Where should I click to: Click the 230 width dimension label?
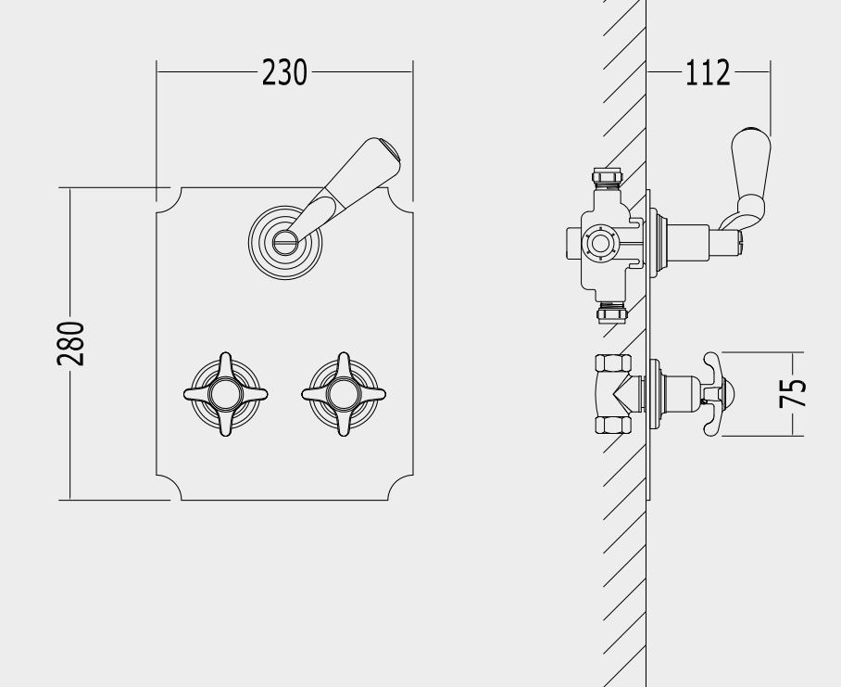(284, 72)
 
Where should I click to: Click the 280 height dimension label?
(70, 343)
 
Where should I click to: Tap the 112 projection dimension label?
(708, 72)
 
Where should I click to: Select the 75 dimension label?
(792, 393)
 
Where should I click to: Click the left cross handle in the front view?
(225, 394)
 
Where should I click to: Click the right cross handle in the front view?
(344, 394)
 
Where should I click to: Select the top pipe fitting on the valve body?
(608, 177)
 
